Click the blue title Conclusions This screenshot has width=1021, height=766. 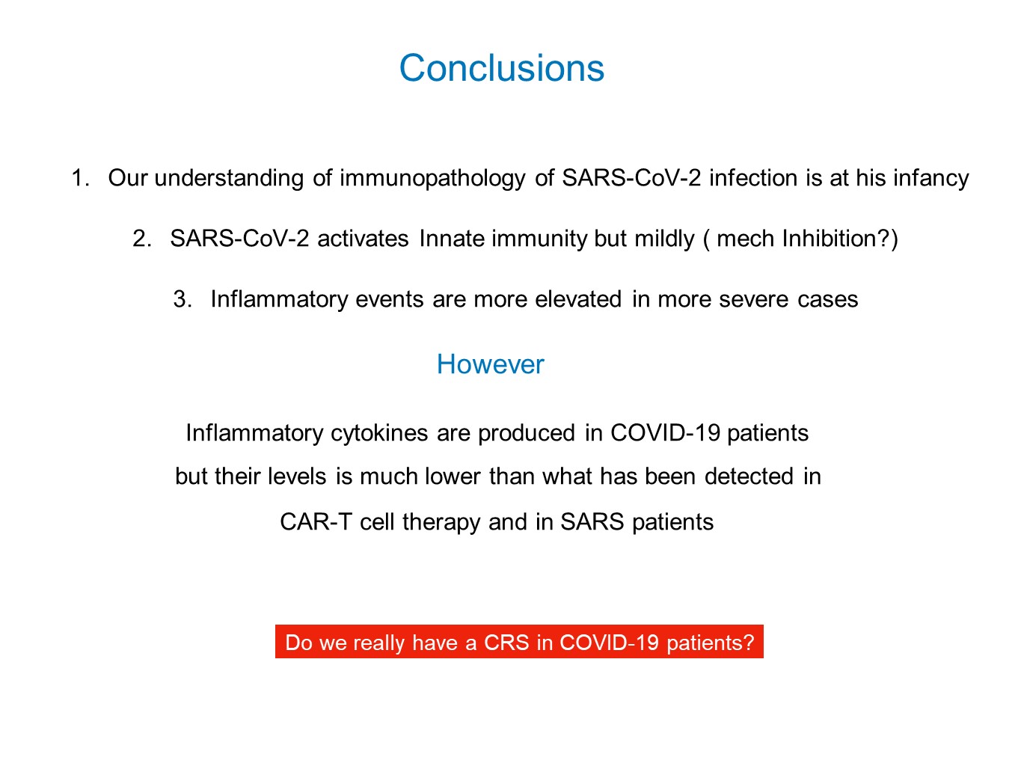click(x=501, y=68)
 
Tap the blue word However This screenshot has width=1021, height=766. click(x=490, y=364)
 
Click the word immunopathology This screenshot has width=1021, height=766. click(x=432, y=179)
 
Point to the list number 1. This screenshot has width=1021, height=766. click(x=80, y=178)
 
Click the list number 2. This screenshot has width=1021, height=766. click(x=142, y=239)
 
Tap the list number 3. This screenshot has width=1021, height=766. click(x=183, y=299)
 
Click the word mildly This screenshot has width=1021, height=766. click(x=664, y=240)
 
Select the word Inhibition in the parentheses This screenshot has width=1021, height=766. click(x=829, y=239)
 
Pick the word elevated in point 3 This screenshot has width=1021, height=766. click(x=578, y=299)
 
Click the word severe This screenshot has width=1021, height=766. click(x=753, y=300)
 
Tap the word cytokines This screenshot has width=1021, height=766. click(x=379, y=434)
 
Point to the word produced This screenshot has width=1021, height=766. click(x=527, y=434)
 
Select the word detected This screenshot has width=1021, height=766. click(x=749, y=477)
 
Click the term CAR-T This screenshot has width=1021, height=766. click(x=316, y=522)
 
